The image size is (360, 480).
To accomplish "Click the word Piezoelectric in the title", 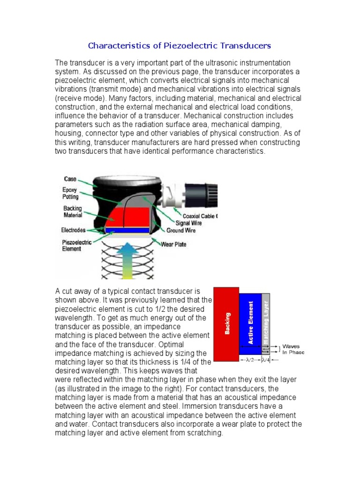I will (x=187, y=46).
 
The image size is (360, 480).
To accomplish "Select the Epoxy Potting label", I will (x=71, y=194).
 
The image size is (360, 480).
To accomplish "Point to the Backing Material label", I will (x=73, y=211).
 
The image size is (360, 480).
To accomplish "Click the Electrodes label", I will (x=73, y=230).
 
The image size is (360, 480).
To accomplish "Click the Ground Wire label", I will (x=181, y=231).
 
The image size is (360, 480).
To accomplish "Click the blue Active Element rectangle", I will (x=250, y=323).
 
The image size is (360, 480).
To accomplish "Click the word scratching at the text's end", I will (x=205, y=433).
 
